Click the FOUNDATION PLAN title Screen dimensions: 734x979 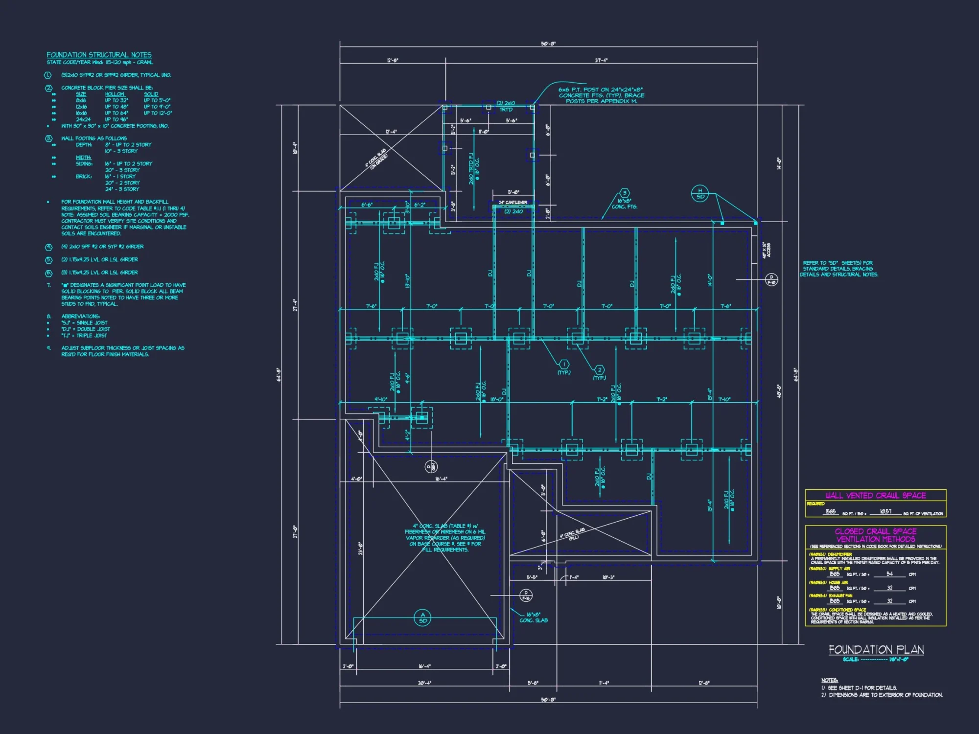click(x=876, y=649)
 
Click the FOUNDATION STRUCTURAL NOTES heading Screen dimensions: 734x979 click(x=99, y=55)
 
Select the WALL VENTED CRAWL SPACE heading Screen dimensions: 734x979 click(x=875, y=495)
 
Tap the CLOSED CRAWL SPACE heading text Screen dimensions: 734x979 click(x=875, y=531)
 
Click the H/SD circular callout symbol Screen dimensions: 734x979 click(x=700, y=193)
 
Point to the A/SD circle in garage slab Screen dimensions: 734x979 click(x=423, y=618)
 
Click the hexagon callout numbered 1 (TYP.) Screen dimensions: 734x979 click(x=564, y=364)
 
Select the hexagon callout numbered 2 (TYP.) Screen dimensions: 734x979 click(x=599, y=370)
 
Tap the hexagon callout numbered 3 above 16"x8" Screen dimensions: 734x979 click(x=624, y=193)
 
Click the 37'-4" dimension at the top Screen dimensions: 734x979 click(x=601, y=60)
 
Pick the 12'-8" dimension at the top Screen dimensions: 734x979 click(x=393, y=60)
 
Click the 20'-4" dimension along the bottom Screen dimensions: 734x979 click(x=424, y=683)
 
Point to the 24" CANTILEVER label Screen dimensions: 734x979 click(x=513, y=202)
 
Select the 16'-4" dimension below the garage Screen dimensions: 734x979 click(x=424, y=666)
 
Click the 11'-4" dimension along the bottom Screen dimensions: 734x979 click(x=604, y=683)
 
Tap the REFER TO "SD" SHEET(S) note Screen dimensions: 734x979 click(x=839, y=269)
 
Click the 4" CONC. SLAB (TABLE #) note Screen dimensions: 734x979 click(x=445, y=537)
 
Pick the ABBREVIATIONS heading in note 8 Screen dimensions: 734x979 click(x=80, y=316)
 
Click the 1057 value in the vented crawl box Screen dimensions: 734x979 click(x=886, y=511)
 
